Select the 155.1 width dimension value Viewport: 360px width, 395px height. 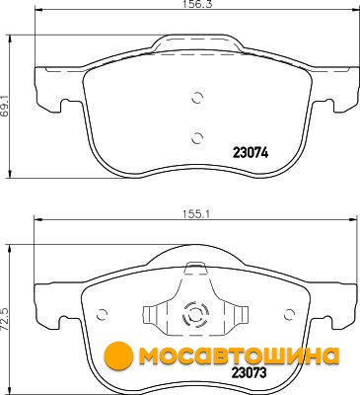(196, 214)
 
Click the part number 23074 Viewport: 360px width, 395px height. (251, 153)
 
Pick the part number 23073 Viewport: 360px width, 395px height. (249, 373)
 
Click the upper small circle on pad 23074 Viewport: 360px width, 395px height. (197, 98)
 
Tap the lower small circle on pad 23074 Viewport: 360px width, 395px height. (197, 138)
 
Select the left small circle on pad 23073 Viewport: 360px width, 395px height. (103, 315)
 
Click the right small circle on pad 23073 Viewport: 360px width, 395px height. (289, 315)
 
